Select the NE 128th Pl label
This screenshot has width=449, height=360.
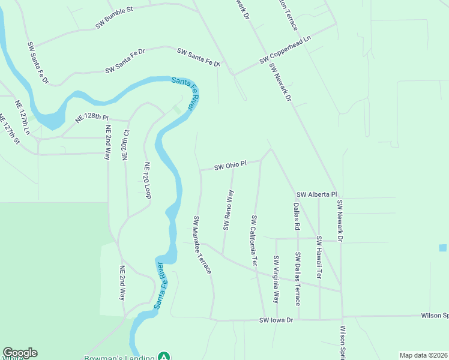(92, 117)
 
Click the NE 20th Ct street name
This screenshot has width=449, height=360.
(125, 143)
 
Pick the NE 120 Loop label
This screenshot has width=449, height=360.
(147, 180)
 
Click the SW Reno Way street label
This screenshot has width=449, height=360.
(228, 209)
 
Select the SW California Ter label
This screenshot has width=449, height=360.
(254, 240)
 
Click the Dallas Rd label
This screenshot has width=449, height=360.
(296, 217)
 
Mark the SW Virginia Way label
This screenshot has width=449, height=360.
(276, 279)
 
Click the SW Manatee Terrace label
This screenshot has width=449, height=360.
(202, 245)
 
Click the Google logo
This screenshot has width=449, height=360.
(20, 353)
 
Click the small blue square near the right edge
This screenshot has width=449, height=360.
(443, 248)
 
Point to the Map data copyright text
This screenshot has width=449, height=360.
(423, 355)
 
